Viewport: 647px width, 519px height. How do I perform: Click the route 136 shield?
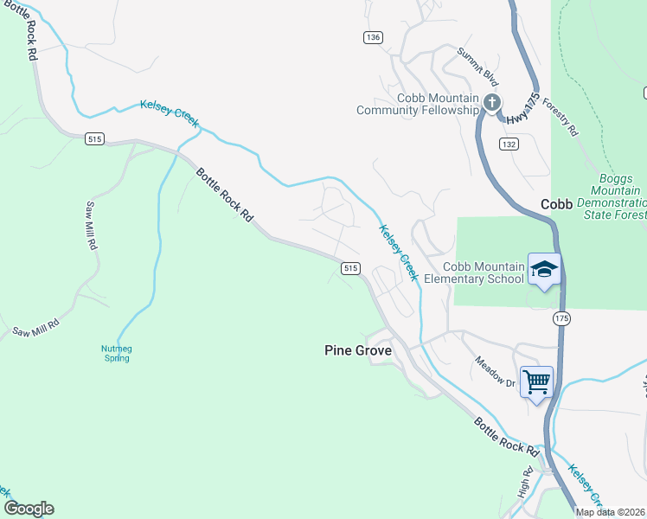[372, 37]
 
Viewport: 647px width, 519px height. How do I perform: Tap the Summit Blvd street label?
[478, 66]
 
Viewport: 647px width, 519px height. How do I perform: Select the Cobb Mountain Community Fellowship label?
[418, 104]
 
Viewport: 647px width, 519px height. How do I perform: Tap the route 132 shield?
[508, 144]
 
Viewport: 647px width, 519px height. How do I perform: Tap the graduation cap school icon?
[544, 271]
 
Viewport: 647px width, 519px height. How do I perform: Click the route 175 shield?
[561, 318]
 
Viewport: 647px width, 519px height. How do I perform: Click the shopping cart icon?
[536, 381]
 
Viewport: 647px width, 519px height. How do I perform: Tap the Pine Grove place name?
[358, 350]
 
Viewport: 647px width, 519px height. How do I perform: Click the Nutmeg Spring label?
[116, 353]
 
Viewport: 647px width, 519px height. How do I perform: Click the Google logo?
[29, 509]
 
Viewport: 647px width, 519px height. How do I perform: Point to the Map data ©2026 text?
[609, 512]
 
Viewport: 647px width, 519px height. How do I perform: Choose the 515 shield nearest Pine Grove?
[349, 268]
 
